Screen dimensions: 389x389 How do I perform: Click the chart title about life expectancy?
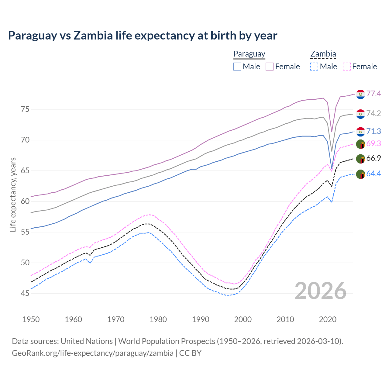tap(143, 36)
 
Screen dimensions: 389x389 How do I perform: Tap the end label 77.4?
tap(374, 94)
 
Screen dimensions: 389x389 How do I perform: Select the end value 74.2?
tap(374, 113)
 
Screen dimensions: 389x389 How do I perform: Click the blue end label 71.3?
tap(374, 131)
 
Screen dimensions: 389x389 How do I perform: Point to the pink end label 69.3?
tap(374, 143)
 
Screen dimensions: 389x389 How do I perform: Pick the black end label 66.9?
tap(374, 158)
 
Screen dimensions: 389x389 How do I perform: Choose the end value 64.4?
tap(374, 174)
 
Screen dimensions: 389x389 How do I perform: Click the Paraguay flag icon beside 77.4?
tap(360, 94)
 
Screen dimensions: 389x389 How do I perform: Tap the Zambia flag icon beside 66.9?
tap(360, 159)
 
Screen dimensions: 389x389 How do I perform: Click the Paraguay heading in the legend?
tap(249, 54)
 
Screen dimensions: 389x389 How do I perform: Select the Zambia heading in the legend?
tap(323, 54)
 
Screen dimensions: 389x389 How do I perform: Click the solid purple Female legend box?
tap(270, 67)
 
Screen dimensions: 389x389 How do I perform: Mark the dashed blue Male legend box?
tap(314, 67)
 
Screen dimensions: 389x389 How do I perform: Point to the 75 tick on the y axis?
tap(25, 109)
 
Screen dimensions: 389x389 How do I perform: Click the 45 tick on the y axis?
tap(25, 293)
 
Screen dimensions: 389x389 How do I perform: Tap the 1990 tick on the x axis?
tap(201, 319)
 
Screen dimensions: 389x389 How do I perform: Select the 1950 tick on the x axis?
tap(31, 319)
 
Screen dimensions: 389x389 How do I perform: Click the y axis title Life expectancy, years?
tap(13, 194)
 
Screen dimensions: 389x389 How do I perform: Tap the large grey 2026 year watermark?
tap(321, 291)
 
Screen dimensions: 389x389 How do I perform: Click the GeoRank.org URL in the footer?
tap(93, 353)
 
